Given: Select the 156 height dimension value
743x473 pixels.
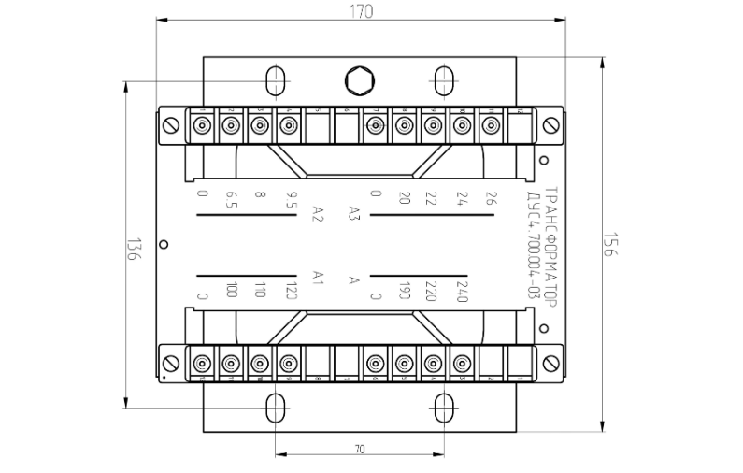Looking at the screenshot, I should [x=607, y=244].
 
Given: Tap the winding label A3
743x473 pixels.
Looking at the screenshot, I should [x=354, y=212].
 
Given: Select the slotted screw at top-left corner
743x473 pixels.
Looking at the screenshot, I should [x=171, y=125].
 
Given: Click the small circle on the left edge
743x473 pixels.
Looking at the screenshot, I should [x=164, y=244].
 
